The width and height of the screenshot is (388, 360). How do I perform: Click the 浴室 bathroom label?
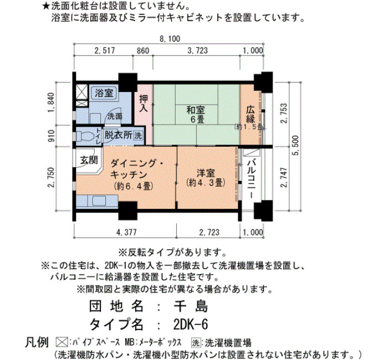point(104,93)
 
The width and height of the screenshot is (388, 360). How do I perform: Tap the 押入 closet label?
point(144,103)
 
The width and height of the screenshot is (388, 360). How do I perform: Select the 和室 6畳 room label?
point(196,115)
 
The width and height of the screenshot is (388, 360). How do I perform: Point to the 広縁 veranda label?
point(251,114)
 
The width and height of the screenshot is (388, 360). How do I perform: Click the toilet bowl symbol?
point(85,136)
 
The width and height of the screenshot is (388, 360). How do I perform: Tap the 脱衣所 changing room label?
point(118,135)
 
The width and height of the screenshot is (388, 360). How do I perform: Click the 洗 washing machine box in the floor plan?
point(138,135)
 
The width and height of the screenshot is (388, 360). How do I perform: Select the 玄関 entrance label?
point(89,160)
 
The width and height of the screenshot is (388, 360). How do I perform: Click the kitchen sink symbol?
point(99,200)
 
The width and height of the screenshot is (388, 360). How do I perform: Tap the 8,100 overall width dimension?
point(170,39)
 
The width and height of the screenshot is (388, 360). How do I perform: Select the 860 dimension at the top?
point(143,51)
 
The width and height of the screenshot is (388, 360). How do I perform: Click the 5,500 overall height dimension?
point(295,145)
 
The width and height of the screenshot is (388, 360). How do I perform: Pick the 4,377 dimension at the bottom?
point(126,232)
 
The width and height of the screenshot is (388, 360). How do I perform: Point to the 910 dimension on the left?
point(51,136)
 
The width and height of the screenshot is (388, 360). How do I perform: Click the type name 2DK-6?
point(191,325)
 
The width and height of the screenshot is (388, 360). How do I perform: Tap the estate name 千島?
point(191,306)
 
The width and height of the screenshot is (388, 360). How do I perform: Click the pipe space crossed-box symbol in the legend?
point(62,342)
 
